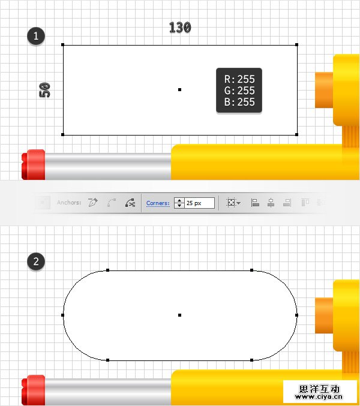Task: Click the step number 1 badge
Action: coord(36,36)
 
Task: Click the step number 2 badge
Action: coord(36,261)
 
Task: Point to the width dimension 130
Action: coord(180,28)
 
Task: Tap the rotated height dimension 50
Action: coord(44,90)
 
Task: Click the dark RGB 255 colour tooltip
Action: coord(239,91)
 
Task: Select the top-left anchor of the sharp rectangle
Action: coord(62,45)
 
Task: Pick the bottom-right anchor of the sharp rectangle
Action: coord(296,134)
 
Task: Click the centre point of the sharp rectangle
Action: coord(180,89)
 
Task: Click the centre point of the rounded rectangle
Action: coord(180,315)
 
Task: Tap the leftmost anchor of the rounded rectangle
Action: coord(62,315)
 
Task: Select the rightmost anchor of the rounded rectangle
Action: coord(296,315)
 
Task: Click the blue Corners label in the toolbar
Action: coord(158,203)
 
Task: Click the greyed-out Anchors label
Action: coord(69,203)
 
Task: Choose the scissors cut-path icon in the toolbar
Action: coord(130,203)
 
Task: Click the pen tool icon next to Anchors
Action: coord(93,203)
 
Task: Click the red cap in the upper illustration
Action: coord(34,164)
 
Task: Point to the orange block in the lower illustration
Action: coord(324,315)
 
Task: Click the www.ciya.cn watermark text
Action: coord(319,396)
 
